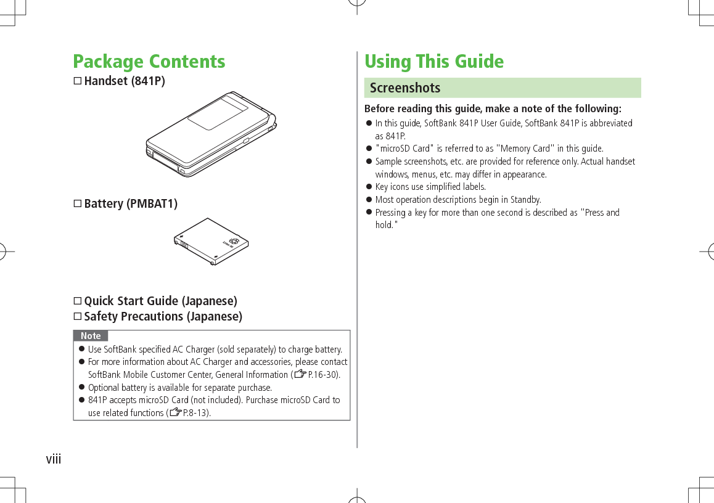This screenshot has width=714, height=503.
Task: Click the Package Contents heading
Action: [149, 62]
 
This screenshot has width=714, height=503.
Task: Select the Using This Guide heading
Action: [433, 62]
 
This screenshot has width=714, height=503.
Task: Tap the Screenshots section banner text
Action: [405, 88]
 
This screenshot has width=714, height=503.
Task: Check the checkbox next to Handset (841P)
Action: [78, 81]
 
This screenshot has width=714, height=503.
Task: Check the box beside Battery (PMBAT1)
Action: [78, 204]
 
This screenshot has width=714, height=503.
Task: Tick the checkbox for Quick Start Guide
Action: [78, 301]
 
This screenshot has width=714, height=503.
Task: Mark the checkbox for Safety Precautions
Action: [78, 317]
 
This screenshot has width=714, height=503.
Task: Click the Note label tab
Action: [91, 336]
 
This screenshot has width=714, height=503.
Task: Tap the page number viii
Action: [54, 459]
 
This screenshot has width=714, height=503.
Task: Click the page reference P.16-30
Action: [323, 375]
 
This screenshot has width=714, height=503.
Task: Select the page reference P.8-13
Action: [196, 413]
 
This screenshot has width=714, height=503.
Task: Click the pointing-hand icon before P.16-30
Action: [300, 375]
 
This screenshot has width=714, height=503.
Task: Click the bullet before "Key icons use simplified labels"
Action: [369, 187]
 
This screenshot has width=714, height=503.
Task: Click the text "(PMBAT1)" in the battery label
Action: [152, 204]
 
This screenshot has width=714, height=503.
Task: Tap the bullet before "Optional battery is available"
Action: [81, 388]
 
